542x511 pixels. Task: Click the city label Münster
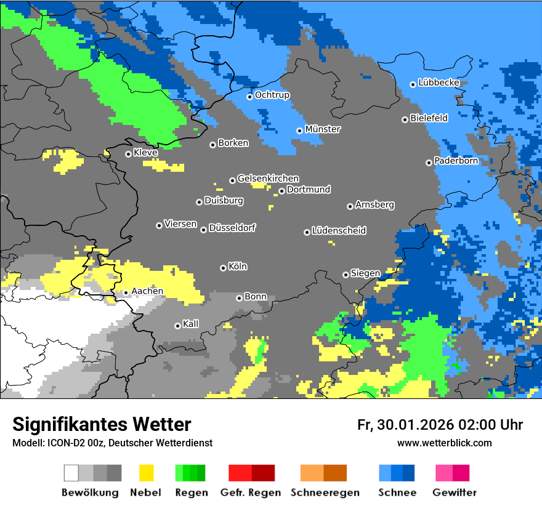coord(323,129)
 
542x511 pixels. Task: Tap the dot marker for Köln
coord(223,268)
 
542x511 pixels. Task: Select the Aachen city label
coord(147,291)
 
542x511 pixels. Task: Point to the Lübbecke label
coord(439,82)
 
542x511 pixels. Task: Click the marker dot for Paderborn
coord(429,163)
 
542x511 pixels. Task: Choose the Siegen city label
coord(365,273)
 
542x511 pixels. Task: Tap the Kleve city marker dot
coord(128,154)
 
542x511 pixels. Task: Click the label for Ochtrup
coord(272,95)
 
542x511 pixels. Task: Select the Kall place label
coord(191,324)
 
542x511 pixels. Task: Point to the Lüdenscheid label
coord(339,231)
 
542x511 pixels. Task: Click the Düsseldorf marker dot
coord(203,230)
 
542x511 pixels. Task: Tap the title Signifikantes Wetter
coord(102,424)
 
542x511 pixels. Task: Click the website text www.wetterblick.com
coord(444,443)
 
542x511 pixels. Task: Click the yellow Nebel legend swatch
coord(147,473)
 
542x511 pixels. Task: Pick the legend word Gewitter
coord(454,493)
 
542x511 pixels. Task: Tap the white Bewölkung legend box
coord(71,473)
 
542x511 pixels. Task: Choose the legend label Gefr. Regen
coord(250,493)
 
